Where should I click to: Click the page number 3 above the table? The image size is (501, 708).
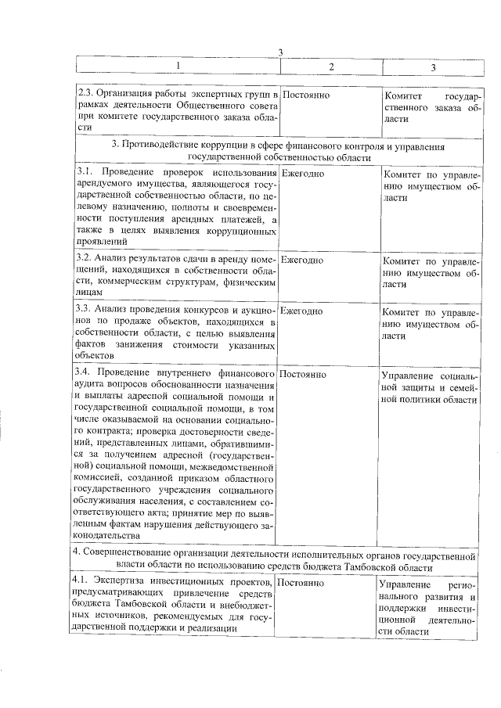[279, 52]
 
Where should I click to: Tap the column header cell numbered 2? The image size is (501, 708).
[330, 66]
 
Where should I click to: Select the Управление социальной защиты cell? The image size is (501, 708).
[430, 386]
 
